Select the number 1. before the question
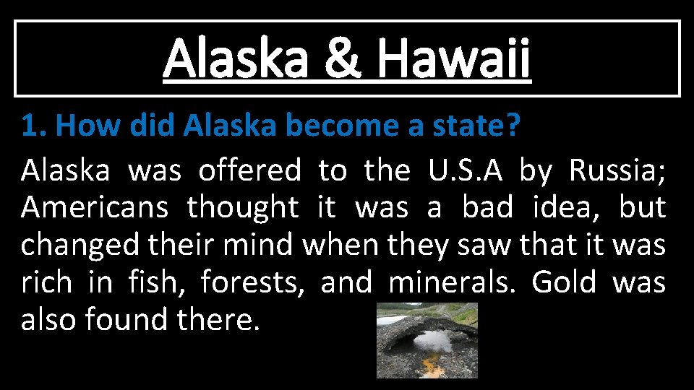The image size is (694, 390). pos(34,126)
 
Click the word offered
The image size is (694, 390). pos(249,171)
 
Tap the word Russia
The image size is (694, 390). pos(617,171)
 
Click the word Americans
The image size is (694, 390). pos(94,208)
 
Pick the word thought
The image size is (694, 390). pos(242,208)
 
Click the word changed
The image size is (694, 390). pos(81,246)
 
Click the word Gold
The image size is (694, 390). pos(564,282)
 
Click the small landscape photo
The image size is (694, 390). pos(427,340)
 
